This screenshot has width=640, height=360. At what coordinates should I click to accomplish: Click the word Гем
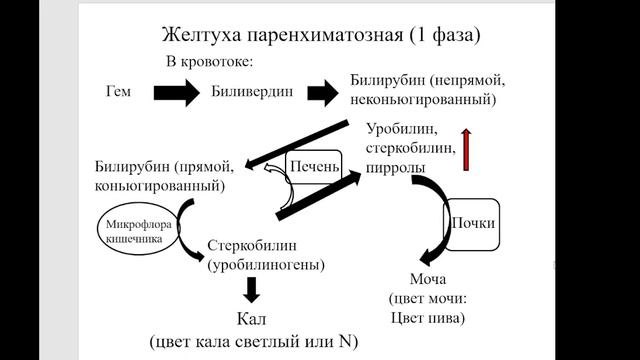coord(118,92)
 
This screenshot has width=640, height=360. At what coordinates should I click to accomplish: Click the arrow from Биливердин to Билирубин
coord(323,92)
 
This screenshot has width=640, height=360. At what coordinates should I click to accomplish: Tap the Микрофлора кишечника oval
coord(139,232)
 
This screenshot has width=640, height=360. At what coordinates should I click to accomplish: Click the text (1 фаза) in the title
coord(441,35)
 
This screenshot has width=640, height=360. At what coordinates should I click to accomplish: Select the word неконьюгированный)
coord(424,100)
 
